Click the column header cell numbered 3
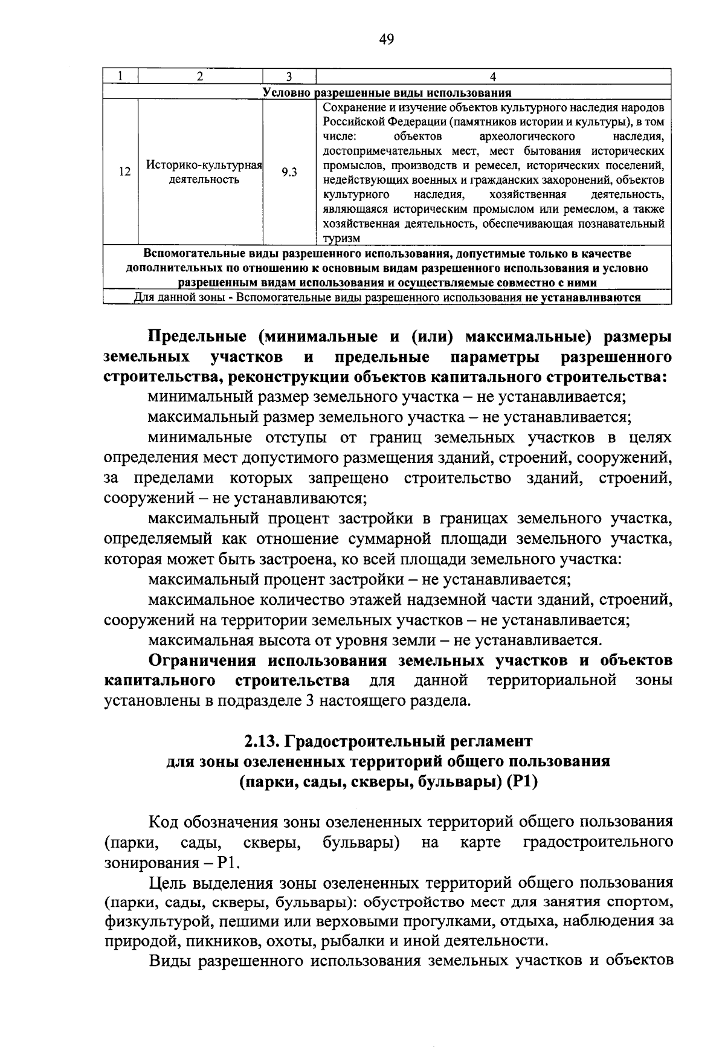[x=289, y=77]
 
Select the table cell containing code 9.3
[x=289, y=172]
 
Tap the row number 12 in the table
[x=124, y=172]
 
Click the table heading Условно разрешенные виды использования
[x=387, y=92]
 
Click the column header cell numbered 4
[x=493, y=77]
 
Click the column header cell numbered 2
[x=200, y=77]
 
